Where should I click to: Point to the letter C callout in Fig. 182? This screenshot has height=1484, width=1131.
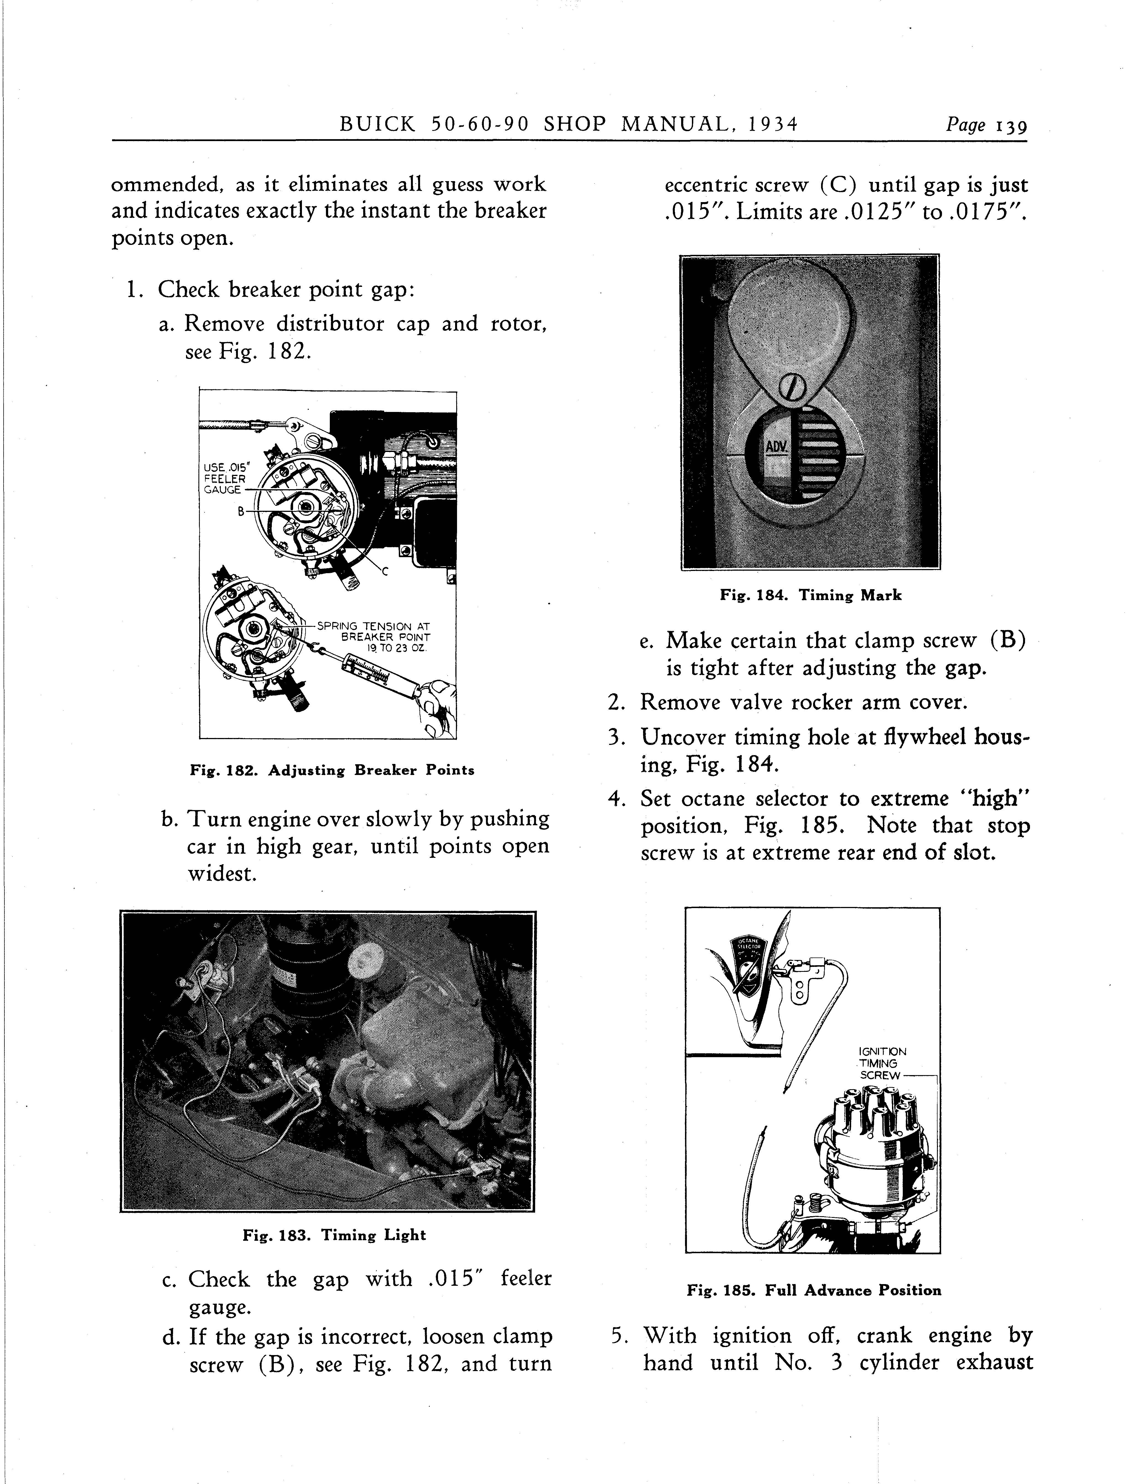(x=386, y=572)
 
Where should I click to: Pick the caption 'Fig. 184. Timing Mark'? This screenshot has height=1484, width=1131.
(x=811, y=595)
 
